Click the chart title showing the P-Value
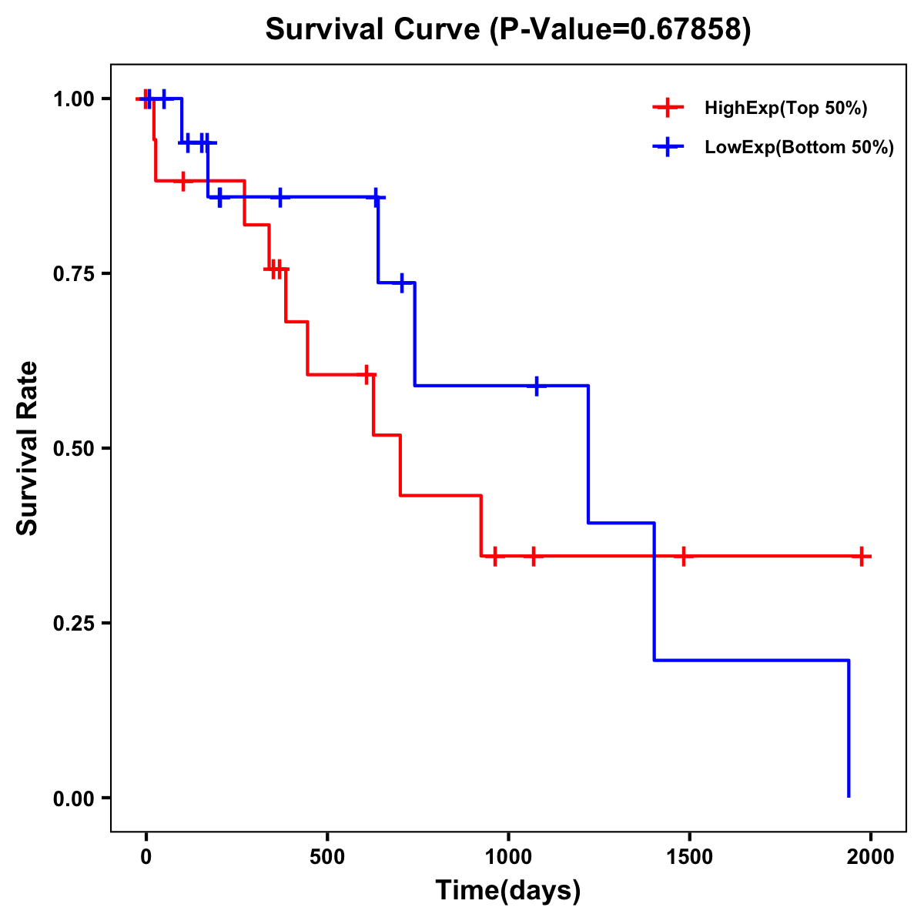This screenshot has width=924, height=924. pyautogui.click(x=508, y=30)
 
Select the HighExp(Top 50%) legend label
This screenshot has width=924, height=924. pyautogui.click(x=785, y=109)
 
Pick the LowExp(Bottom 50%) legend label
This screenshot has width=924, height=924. pyautogui.click(x=799, y=148)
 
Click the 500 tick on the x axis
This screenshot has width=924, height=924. pyautogui.click(x=327, y=855)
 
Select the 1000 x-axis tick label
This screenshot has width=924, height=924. pyautogui.click(x=508, y=855)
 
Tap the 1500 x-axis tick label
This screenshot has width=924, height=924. pyautogui.click(x=689, y=855)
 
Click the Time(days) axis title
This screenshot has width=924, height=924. pyautogui.click(x=508, y=891)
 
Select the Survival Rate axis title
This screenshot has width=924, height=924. pyautogui.click(x=28, y=448)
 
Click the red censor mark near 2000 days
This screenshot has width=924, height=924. pyautogui.click(x=862, y=556)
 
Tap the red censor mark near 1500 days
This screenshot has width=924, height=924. pyautogui.click(x=683, y=556)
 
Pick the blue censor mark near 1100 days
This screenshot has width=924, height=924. pyautogui.click(x=537, y=386)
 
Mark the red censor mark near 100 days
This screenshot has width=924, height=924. pyautogui.click(x=182, y=181)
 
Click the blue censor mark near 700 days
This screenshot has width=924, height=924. pyautogui.click(x=402, y=283)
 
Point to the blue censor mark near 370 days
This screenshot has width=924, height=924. pyautogui.click(x=280, y=197)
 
